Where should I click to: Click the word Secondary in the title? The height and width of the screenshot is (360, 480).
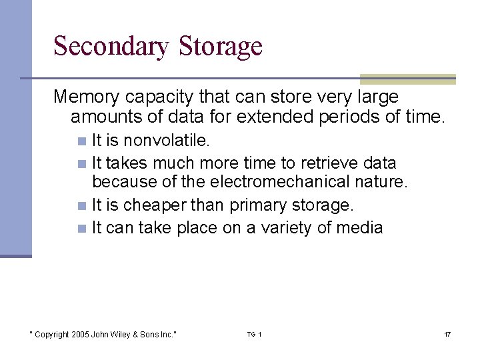tap(111, 47)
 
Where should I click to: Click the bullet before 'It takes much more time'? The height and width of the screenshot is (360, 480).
tap(81, 163)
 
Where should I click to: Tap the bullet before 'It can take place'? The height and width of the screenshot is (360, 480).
tap(81, 228)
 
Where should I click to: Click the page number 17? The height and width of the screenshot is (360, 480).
tap(447, 334)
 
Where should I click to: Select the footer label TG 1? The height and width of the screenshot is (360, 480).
tap(254, 334)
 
